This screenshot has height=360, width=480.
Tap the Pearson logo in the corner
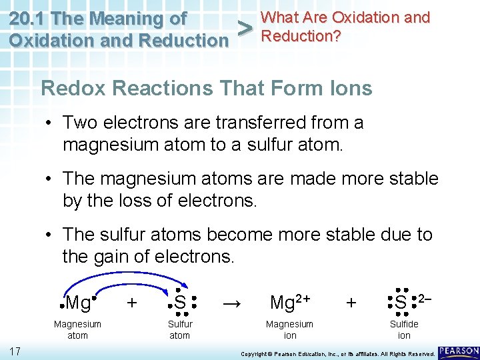point(459,351)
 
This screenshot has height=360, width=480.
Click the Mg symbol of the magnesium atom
point(79,303)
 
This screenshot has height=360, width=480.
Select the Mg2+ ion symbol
point(289,303)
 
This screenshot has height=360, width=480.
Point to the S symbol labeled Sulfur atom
point(179,303)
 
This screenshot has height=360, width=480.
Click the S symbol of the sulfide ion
point(401,303)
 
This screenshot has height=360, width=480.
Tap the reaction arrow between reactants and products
point(231,303)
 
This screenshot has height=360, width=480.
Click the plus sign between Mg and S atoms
point(132,303)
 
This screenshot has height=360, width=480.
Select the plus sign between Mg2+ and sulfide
point(351,303)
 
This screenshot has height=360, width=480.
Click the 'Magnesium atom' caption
point(78,329)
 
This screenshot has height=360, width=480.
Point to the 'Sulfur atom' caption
point(180,329)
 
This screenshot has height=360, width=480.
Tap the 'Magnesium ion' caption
point(289,329)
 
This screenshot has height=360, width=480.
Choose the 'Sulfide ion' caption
point(404,329)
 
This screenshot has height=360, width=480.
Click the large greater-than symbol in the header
point(246,29)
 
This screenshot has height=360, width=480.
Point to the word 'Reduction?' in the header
point(301,35)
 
